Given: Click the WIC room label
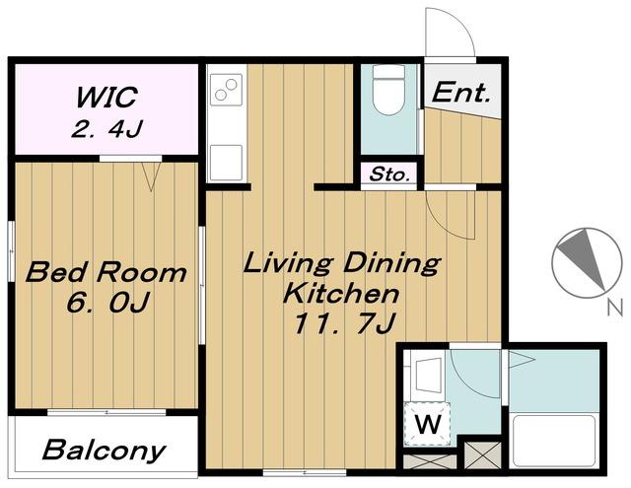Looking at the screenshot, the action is point(106,97).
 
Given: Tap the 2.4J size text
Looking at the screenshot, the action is point(106,128).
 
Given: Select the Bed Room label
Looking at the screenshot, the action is point(105,272).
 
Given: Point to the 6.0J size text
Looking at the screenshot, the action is point(107,302).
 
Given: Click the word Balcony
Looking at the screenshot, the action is point(104,451).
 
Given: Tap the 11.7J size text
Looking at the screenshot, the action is point(343,323).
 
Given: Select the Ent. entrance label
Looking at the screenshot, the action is point(461,92).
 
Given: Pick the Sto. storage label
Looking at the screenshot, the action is point(389,174).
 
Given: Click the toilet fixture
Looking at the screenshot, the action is point(388,90).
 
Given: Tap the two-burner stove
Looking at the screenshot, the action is point(226,90).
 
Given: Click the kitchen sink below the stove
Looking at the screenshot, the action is point(226,163).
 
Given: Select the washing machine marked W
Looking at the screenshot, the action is point(427,424).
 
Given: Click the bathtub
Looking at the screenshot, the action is point(554,441).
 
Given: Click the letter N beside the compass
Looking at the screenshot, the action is point(614,308).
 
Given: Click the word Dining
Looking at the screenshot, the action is point(391,263).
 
